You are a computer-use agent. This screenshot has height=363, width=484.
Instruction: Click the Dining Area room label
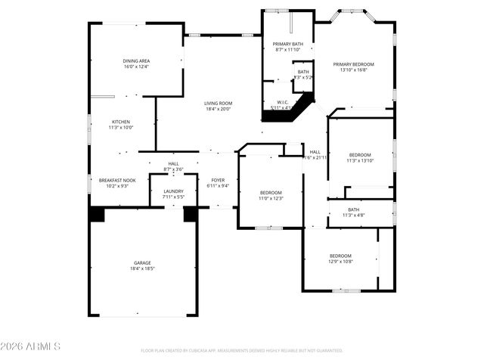(x=136, y=60)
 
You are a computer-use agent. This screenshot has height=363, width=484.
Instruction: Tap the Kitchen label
(x=121, y=122)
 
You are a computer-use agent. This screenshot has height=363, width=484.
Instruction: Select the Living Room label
(x=218, y=104)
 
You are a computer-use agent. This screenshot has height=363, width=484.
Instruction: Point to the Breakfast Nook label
(x=117, y=180)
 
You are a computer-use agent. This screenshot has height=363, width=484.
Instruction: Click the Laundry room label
(x=173, y=191)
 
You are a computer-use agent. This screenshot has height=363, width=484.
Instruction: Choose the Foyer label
(x=218, y=180)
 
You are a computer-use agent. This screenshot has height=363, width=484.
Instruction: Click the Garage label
(x=142, y=263)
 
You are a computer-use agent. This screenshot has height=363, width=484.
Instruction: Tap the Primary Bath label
(x=287, y=45)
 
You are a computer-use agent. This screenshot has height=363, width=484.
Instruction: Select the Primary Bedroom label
(x=355, y=64)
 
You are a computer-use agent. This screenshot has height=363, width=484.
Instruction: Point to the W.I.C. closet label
(x=283, y=102)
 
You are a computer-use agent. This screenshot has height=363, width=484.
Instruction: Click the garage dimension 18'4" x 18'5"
(x=142, y=268)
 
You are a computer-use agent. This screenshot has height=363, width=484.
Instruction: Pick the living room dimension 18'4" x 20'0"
(x=218, y=109)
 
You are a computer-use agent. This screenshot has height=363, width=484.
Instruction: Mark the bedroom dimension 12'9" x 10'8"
(x=340, y=262)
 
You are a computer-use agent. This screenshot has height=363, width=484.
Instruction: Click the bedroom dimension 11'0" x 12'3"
(x=271, y=198)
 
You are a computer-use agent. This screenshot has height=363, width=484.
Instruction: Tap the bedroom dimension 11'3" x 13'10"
(x=360, y=160)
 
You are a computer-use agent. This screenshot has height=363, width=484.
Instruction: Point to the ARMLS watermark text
(x=30, y=346)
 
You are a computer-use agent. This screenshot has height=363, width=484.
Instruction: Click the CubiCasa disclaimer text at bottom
(x=242, y=350)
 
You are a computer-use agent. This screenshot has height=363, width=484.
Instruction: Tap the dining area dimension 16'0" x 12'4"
(x=136, y=67)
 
